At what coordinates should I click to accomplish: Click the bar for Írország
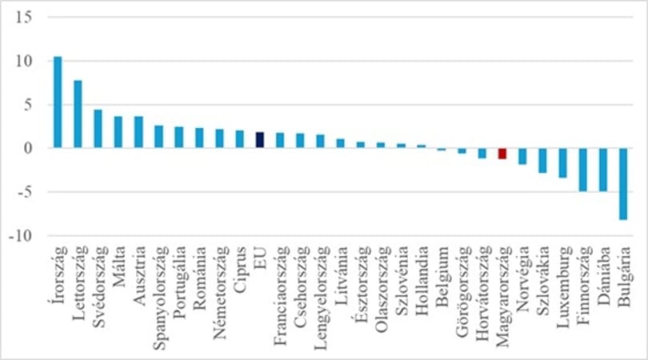pyautogui.click(x=58, y=102)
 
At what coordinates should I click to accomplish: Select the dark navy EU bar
pyautogui.click(x=260, y=140)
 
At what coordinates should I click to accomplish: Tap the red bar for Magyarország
pyautogui.click(x=502, y=154)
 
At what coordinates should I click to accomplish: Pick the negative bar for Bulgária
pyautogui.click(x=623, y=184)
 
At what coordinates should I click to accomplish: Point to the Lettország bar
pyautogui.click(x=78, y=114)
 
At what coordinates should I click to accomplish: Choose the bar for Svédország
pyautogui.click(x=98, y=129)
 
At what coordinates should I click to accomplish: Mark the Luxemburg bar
pyautogui.click(x=563, y=163)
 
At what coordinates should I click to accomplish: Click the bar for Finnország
pyautogui.click(x=583, y=170)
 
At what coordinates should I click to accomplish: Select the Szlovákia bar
pyautogui.click(x=542, y=160)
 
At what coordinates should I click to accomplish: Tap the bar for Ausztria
pyautogui.click(x=138, y=132)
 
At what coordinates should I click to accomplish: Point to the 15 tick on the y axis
pyautogui.click(x=23, y=18)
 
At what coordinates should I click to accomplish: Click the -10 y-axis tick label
pyautogui.click(x=20, y=235)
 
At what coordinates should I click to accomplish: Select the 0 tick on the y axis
pyautogui.click(x=28, y=148)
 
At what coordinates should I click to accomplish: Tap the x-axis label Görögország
pyautogui.click(x=464, y=292)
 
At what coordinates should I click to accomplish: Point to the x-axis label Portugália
pyautogui.click(x=180, y=282)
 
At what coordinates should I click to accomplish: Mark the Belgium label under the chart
pyautogui.click(x=443, y=276)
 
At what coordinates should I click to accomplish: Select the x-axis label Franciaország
pyautogui.click(x=281, y=295)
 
